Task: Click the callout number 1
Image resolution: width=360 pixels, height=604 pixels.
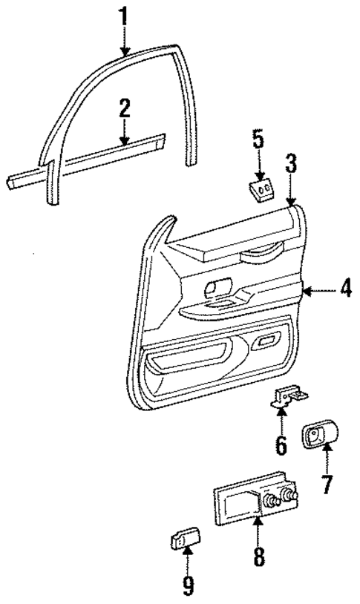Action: click(124, 15)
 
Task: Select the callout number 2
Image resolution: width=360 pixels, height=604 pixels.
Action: click(124, 109)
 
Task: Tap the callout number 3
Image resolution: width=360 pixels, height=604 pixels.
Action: click(291, 165)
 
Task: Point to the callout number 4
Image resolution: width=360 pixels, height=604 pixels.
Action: click(344, 291)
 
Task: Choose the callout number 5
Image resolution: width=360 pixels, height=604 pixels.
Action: click(258, 139)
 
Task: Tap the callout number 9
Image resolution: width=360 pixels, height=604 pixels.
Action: click(188, 586)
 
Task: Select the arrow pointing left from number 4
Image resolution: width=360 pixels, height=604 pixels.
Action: click(316, 292)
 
